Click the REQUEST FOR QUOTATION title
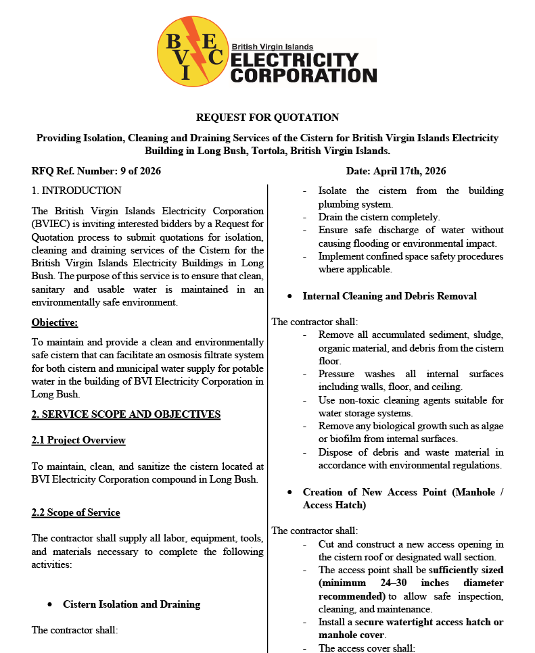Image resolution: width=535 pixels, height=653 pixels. click(267, 118)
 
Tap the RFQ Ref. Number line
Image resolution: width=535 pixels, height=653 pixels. click(96, 171)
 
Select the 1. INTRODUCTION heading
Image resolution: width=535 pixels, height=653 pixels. click(76, 191)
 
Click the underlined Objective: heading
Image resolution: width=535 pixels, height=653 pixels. click(55, 322)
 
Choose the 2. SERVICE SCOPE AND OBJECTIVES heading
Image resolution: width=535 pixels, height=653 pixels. click(126, 414)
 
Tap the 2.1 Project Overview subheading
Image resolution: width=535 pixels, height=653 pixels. click(78, 440)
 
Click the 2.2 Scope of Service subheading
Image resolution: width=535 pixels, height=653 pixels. click(76, 512)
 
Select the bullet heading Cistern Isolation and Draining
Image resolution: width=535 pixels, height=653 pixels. click(131, 604)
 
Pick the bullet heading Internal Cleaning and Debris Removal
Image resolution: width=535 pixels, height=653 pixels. click(390, 296)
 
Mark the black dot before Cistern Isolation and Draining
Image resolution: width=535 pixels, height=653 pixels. click(50, 604)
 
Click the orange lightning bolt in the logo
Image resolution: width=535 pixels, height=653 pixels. click(191, 47)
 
